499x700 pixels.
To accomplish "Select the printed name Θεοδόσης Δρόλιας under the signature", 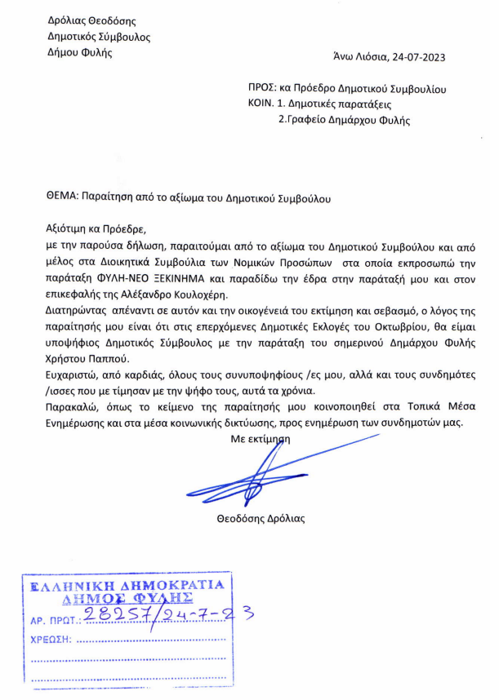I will tap(263, 518).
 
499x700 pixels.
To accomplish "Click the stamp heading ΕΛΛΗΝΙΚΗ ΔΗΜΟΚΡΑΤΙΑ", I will tap(126, 586).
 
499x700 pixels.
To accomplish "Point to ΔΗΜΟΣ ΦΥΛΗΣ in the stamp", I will tap(126, 598).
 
